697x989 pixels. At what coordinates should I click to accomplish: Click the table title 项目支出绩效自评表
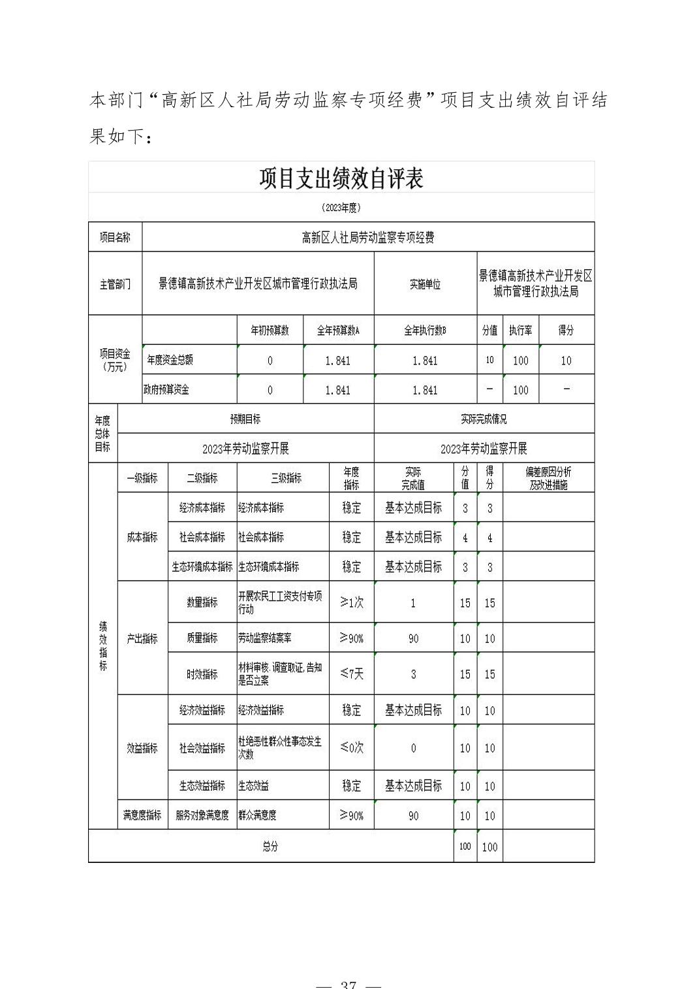(341, 178)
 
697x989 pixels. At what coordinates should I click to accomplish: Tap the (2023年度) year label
(341, 208)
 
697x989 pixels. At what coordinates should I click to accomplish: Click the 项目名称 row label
(115, 237)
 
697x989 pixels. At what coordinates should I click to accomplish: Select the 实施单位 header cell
(425, 284)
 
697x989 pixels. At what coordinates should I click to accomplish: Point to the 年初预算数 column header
(270, 331)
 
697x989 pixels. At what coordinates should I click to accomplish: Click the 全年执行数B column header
(425, 331)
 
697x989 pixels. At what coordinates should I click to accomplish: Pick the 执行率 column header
(520, 331)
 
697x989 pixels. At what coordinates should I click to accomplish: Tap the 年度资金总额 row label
(170, 360)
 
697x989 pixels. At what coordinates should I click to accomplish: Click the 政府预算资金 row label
(166, 390)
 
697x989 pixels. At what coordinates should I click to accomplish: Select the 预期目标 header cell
(245, 419)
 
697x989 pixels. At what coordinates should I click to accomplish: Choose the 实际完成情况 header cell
(484, 419)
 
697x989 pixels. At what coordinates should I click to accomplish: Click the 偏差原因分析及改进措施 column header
(548, 478)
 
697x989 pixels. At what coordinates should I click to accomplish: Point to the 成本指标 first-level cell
(142, 537)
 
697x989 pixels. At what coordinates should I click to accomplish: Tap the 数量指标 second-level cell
(202, 602)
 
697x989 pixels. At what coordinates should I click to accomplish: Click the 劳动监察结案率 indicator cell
(265, 638)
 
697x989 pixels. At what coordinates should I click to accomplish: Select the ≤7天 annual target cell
(351, 673)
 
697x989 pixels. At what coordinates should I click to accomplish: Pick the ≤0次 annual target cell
(351, 747)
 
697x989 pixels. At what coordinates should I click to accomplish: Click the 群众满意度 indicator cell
(257, 815)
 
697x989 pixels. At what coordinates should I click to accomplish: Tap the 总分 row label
(270, 847)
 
